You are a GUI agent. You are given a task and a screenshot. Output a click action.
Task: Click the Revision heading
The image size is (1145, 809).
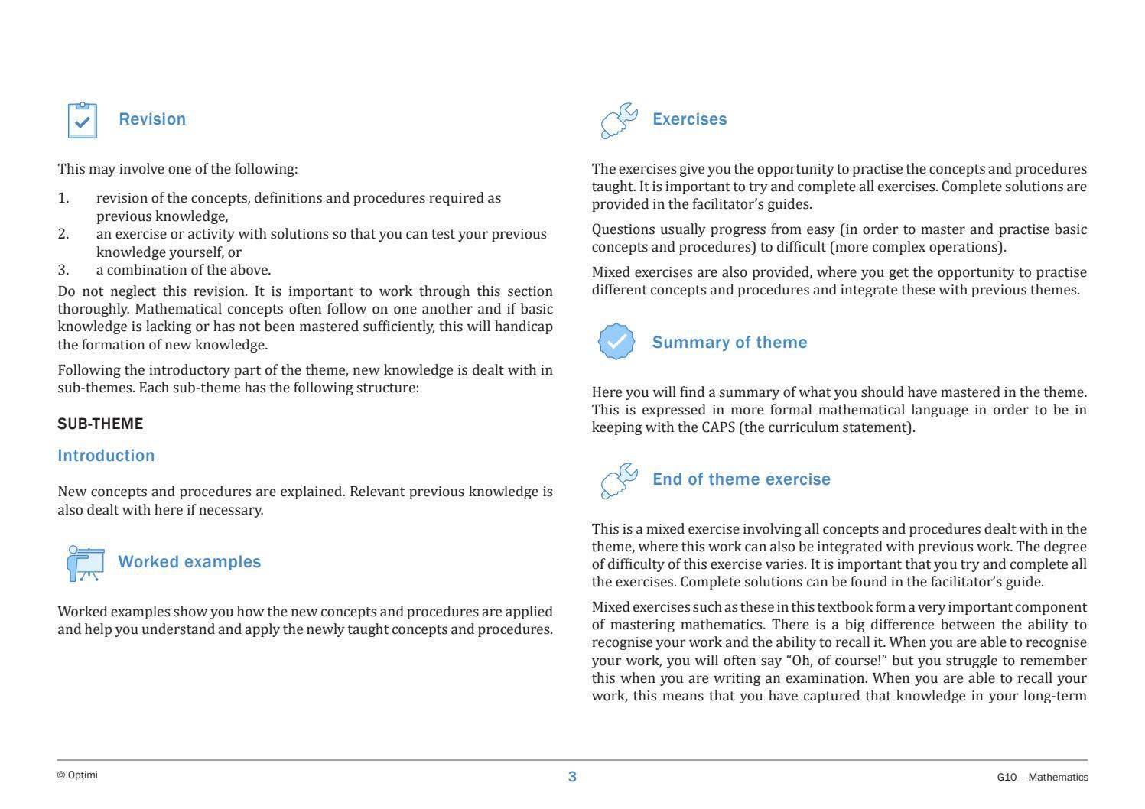coord(152,119)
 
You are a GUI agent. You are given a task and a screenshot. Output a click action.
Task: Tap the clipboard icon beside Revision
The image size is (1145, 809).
coord(83,121)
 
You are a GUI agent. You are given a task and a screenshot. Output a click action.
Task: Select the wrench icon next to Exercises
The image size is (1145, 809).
coord(619,121)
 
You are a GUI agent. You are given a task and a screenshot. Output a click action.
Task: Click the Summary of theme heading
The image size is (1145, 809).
coord(729,343)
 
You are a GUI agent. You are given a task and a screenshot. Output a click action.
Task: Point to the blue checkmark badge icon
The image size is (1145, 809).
coord(616,342)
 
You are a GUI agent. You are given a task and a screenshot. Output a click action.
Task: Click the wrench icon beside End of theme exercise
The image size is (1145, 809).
coord(619,481)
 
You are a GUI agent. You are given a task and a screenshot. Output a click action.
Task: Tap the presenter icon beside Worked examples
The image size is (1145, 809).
coord(85,564)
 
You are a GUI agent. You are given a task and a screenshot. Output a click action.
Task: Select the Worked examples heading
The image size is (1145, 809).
coord(189,562)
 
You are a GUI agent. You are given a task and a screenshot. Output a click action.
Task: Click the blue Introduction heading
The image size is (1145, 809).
coord(106,456)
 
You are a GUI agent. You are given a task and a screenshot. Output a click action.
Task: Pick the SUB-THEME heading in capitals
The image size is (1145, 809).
coord(100,424)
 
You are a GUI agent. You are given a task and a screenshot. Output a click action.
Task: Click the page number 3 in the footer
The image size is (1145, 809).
coord(572,777)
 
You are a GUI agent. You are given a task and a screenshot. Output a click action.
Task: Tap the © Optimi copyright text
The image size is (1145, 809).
coord(77,775)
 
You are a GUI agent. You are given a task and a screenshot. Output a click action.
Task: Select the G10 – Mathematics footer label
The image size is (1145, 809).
coord(1042,778)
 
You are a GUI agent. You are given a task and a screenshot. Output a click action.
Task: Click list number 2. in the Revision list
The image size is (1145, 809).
coord(63,234)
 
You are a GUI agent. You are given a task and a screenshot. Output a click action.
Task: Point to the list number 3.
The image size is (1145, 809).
coord(63,270)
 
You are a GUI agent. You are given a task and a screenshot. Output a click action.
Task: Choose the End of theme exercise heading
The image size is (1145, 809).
coord(740,479)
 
